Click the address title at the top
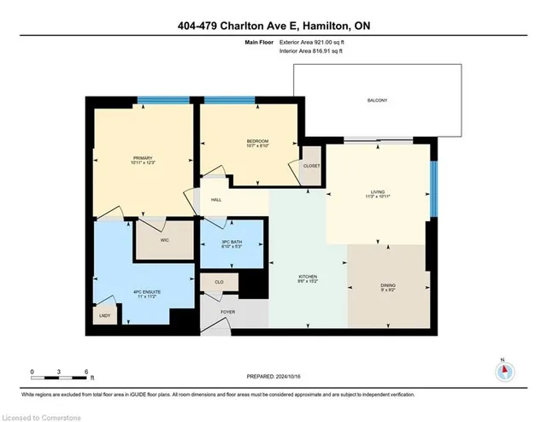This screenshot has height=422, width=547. pyautogui.click(x=273, y=25)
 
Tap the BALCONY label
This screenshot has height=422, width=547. pyautogui.click(x=378, y=101)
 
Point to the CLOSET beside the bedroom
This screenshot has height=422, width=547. pyautogui.click(x=311, y=167)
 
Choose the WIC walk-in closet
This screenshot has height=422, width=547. pyautogui.click(x=166, y=240)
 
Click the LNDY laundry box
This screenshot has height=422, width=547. pyautogui.click(x=105, y=314)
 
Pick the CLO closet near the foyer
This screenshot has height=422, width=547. pyautogui.click(x=220, y=281)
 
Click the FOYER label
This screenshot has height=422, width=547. pyautogui.click(x=227, y=313)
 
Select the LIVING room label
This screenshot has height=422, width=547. pyautogui.click(x=378, y=193)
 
